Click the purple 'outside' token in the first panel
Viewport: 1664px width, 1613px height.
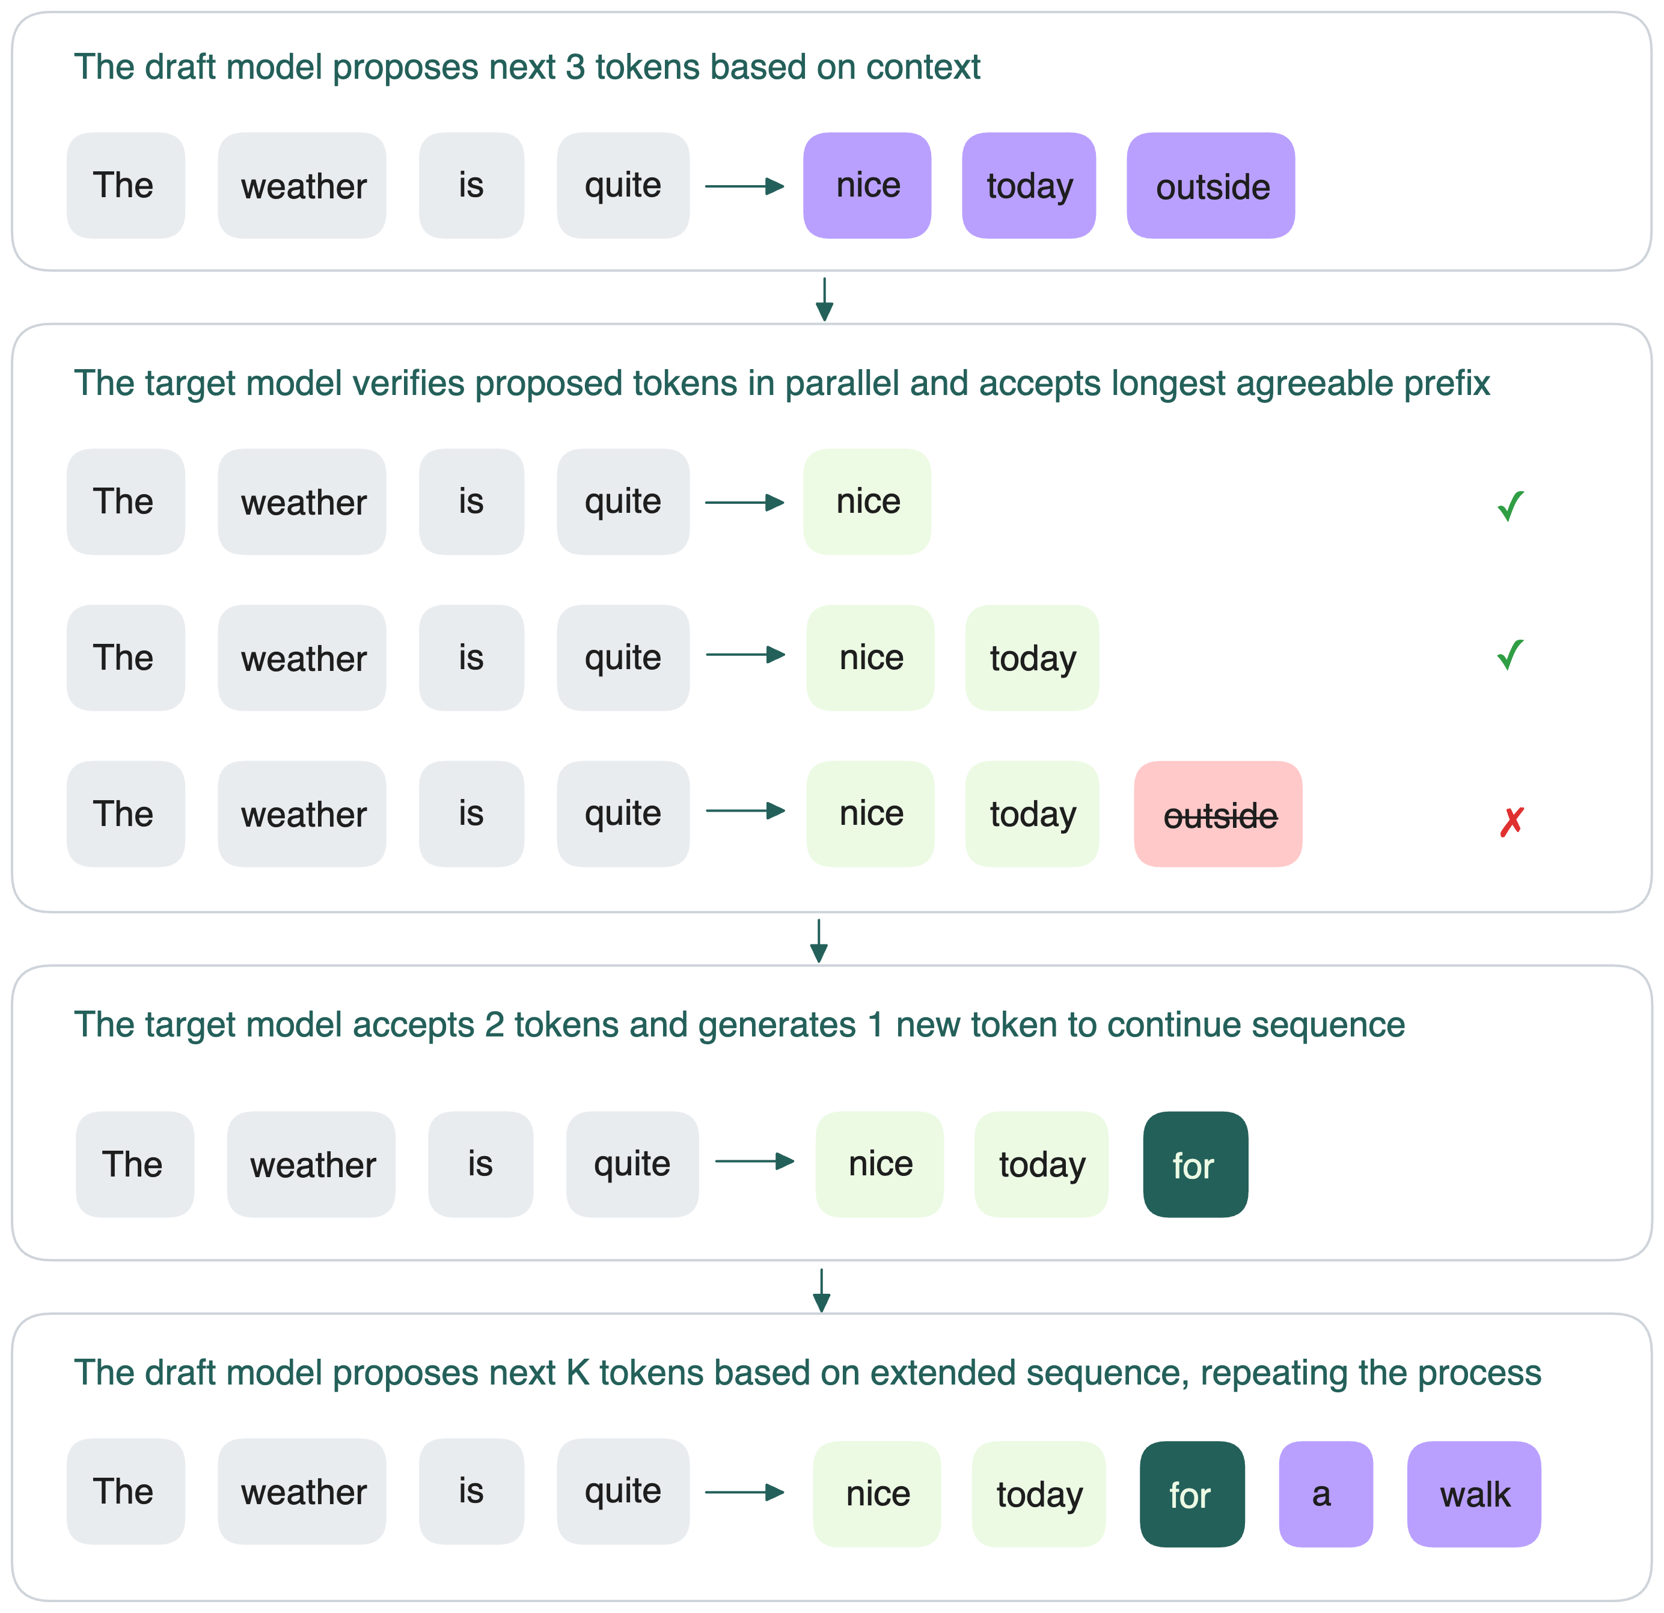point(1211,186)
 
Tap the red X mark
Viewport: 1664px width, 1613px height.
point(1511,821)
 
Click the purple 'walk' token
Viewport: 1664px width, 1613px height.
point(1474,1494)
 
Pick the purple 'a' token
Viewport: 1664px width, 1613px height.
point(1326,1494)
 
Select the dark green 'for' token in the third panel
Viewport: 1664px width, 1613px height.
point(1195,1165)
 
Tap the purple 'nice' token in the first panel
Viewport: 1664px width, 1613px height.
point(867,186)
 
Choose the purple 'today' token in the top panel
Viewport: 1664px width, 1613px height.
point(1029,186)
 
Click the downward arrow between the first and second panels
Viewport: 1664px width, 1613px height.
point(824,299)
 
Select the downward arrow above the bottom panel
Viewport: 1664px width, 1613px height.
point(821,1290)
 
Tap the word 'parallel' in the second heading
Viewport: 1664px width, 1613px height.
point(842,384)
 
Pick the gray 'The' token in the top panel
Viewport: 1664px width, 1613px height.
point(126,186)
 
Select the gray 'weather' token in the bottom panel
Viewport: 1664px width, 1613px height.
point(302,1492)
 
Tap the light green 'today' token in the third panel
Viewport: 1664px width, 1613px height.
point(1041,1165)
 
